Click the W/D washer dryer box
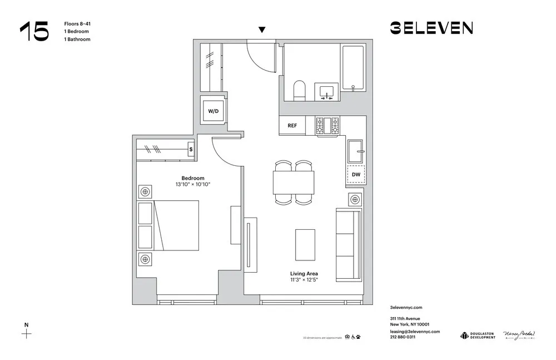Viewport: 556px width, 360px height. pyautogui.click(x=214, y=111)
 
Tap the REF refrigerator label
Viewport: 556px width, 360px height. pyautogui.click(x=292, y=126)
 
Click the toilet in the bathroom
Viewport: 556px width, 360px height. pyautogui.click(x=299, y=91)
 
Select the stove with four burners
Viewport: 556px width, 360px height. pyautogui.click(x=327, y=126)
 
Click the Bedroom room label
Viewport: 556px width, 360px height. pyautogui.click(x=192, y=178)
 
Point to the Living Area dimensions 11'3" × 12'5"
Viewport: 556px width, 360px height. pyautogui.click(x=304, y=280)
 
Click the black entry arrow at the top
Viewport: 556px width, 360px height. pyautogui.click(x=262, y=29)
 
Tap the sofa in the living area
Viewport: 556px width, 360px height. pyautogui.click(x=348, y=244)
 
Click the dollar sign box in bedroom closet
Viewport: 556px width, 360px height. pyautogui.click(x=191, y=149)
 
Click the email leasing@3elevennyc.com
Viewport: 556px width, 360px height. pyautogui.click(x=415, y=331)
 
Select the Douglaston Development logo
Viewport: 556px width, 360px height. pyautogui.click(x=478, y=335)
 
